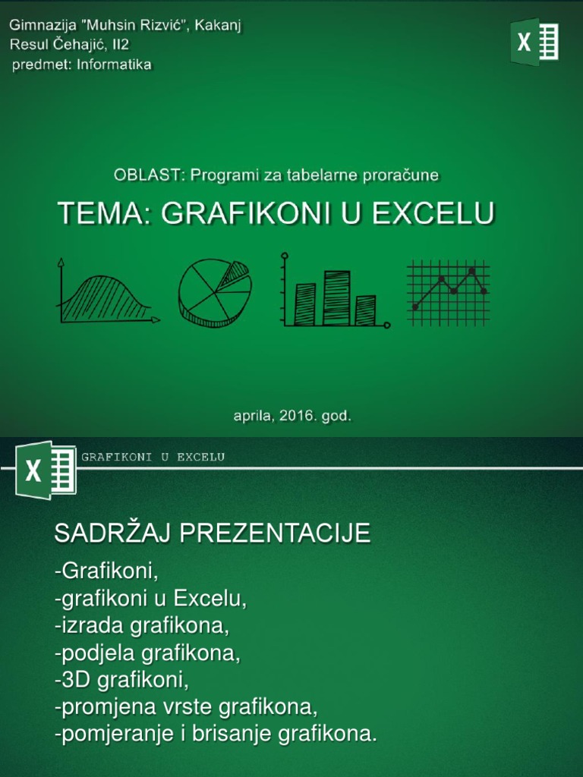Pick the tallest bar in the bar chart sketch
(336, 297)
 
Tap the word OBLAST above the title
(148, 175)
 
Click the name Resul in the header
(27, 45)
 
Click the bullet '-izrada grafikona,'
(142, 626)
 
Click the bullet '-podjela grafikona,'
(148, 653)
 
